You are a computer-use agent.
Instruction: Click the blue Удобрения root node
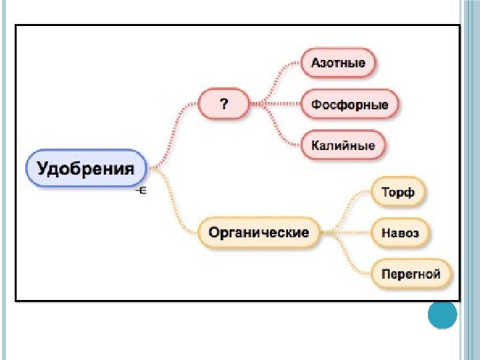86,167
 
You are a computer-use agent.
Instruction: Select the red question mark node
224,104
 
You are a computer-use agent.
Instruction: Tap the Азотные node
338,63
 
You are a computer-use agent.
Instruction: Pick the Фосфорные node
350,105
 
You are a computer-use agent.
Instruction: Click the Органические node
259,233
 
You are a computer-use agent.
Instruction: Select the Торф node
398,193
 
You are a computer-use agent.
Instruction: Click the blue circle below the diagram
442,315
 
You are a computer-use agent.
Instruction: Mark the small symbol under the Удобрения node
141,191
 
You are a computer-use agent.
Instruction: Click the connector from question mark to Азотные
279,76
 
